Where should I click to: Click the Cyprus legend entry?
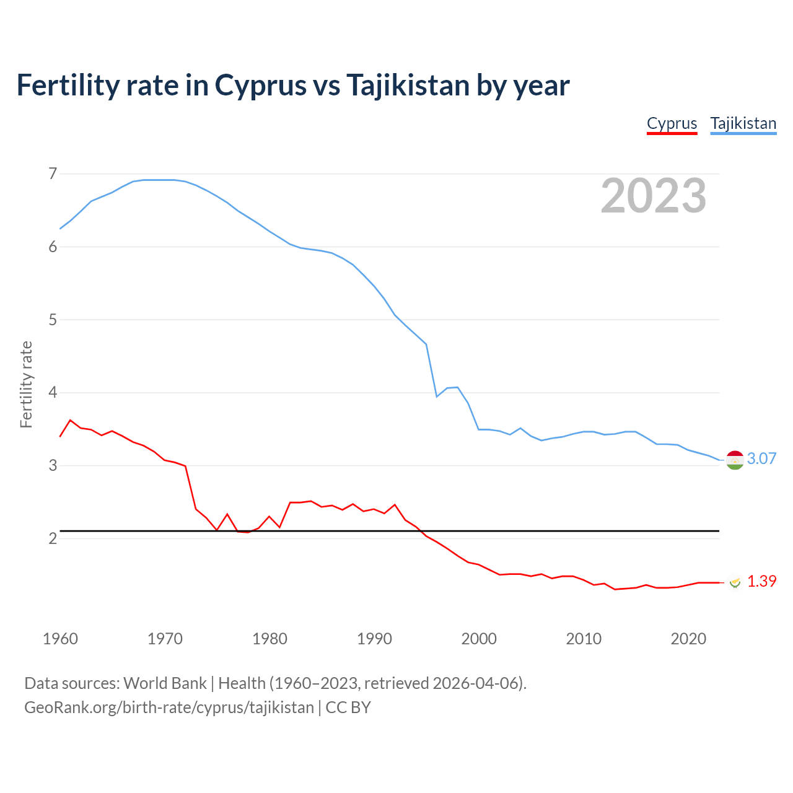672,123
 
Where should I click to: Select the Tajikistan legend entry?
743,123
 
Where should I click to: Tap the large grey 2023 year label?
653,196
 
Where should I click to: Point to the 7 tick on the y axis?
53,173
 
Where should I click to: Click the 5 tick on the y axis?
53,320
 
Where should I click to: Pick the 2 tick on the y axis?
53,538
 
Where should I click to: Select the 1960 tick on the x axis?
60,639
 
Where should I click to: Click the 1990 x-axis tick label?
374,639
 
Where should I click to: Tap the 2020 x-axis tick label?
688,639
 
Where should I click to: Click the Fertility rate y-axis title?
26,384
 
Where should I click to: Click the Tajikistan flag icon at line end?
734,460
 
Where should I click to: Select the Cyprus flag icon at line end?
735,582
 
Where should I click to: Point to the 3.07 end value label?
761,458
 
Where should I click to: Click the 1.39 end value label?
761,581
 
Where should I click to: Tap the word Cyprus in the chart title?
260,85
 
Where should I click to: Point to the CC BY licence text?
348,708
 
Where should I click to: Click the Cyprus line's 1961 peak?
70,420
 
